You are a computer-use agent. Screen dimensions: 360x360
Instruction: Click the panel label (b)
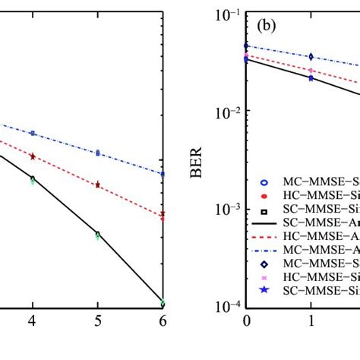(267, 26)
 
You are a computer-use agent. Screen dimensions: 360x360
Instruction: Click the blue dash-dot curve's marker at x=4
(32, 133)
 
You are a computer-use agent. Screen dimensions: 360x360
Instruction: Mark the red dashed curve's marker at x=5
(97, 185)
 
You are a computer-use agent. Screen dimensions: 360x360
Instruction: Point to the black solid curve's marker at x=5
(97, 234)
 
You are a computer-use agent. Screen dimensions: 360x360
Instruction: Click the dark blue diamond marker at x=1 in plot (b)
(311, 56)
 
